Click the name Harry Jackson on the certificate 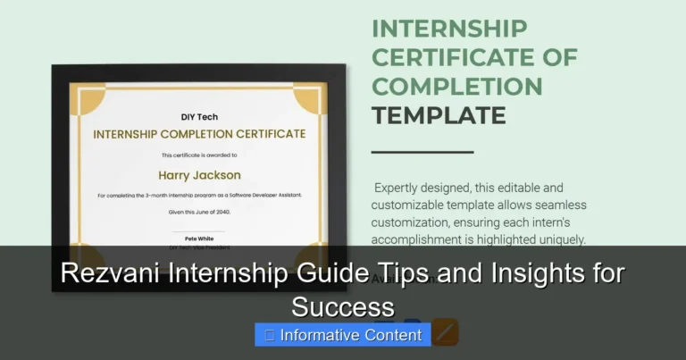(x=199, y=175)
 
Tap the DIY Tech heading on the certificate (x=199, y=117)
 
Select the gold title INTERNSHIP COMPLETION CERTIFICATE (x=199, y=134)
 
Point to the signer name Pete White (x=199, y=239)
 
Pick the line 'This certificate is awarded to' (x=199, y=155)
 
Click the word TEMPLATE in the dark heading (x=439, y=115)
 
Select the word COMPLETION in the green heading (x=457, y=87)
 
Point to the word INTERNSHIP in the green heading (x=448, y=29)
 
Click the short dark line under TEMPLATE (x=422, y=152)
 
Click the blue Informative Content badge (x=343, y=335)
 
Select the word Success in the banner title (x=342, y=306)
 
